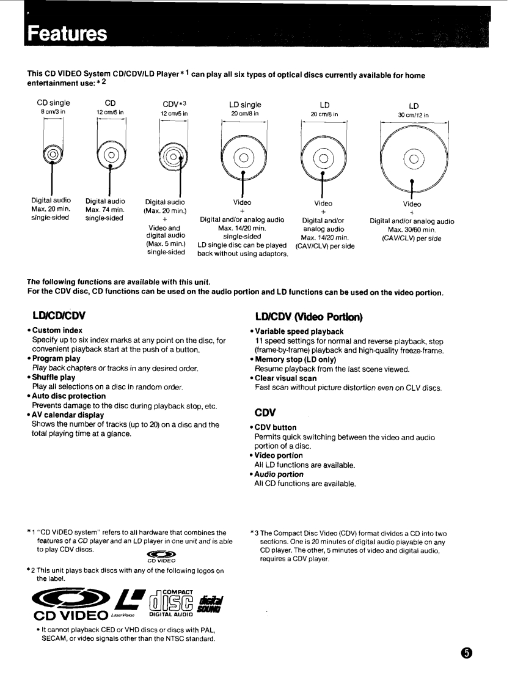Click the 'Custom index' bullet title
(x=57, y=330)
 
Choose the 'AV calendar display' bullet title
(x=68, y=415)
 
